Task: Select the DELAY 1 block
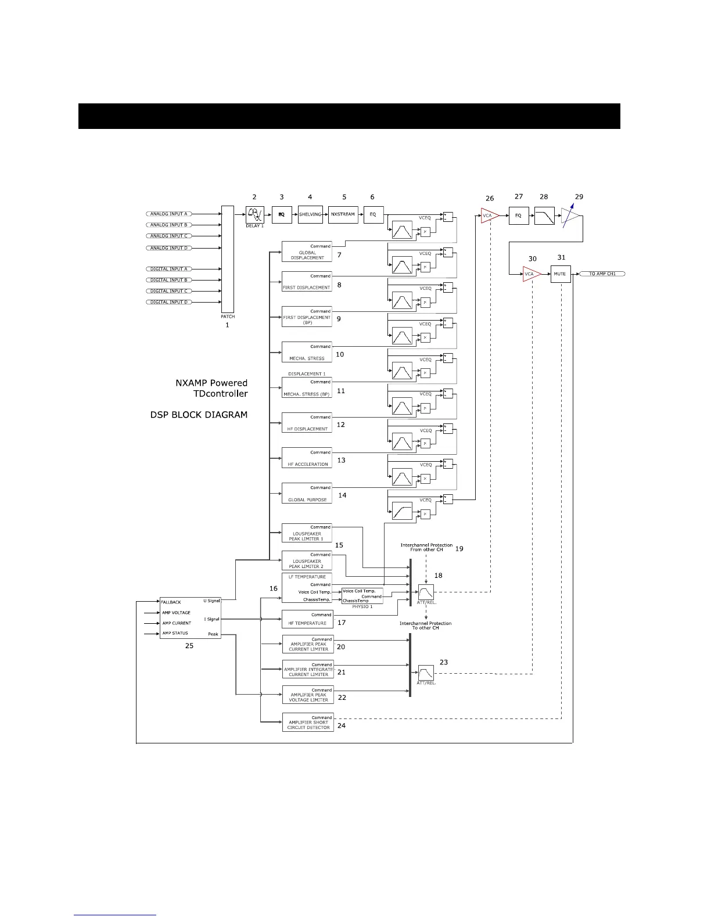(255, 215)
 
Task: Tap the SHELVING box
(310, 215)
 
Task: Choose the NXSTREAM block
(343, 215)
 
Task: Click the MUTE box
(560, 274)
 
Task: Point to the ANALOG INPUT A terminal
(168, 214)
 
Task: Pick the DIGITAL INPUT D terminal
(169, 302)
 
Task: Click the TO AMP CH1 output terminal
(602, 274)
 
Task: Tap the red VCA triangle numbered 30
(531, 274)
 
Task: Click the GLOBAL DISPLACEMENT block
(307, 251)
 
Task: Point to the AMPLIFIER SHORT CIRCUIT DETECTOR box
(308, 722)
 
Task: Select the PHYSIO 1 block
(362, 596)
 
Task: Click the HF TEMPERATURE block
(307, 620)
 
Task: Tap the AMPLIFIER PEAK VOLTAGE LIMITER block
(308, 695)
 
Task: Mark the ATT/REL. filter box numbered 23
(426, 673)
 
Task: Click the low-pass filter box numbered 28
(544, 215)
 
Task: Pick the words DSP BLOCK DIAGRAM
(199, 415)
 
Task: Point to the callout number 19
(459, 548)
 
